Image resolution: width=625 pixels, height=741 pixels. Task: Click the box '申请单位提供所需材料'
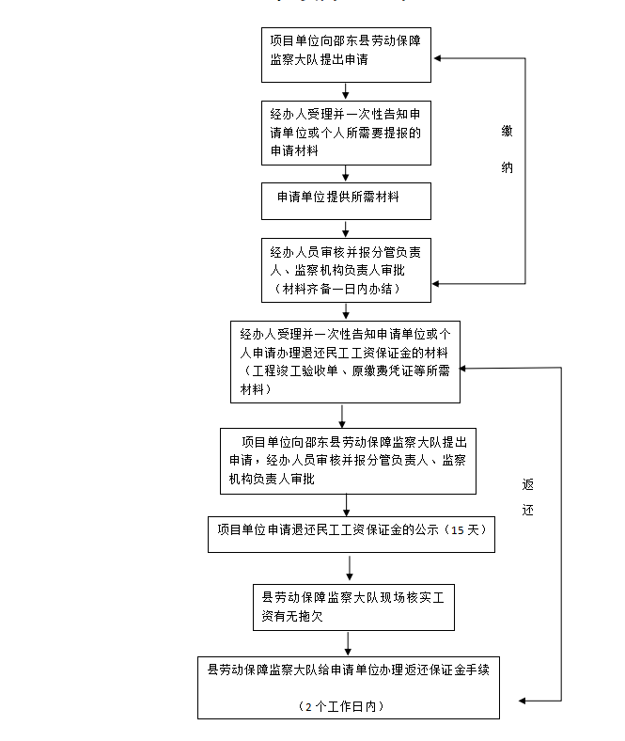click(x=346, y=199)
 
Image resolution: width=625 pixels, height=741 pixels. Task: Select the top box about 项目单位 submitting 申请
click(x=346, y=55)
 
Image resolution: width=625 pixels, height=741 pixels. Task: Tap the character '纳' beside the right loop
click(x=507, y=167)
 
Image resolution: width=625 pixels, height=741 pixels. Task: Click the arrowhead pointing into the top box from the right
click(x=439, y=57)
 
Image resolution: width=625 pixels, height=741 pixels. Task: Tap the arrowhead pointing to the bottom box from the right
click(x=523, y=701)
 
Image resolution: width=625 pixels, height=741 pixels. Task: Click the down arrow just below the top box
click(x=347, y=91)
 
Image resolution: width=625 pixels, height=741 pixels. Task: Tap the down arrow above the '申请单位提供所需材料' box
click(x=347, y=174)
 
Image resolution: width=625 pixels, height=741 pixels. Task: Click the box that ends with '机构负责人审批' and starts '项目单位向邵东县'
click(x=348, y=461)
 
